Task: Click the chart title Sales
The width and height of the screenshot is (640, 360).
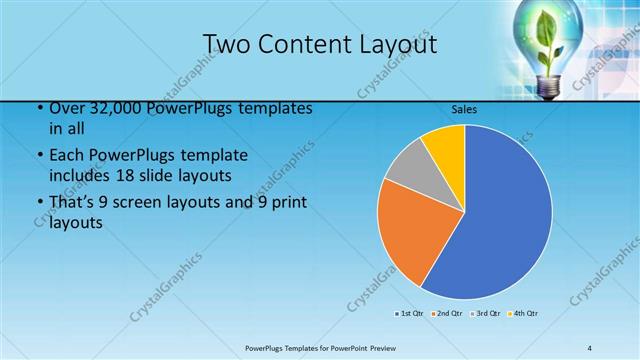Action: (x=464, y=108)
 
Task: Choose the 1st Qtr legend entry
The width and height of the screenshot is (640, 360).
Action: (x=407, y=314)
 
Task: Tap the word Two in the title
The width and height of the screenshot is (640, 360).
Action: (x=226, y=45)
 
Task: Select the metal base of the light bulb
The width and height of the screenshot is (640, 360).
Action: (x=549, y=87)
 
